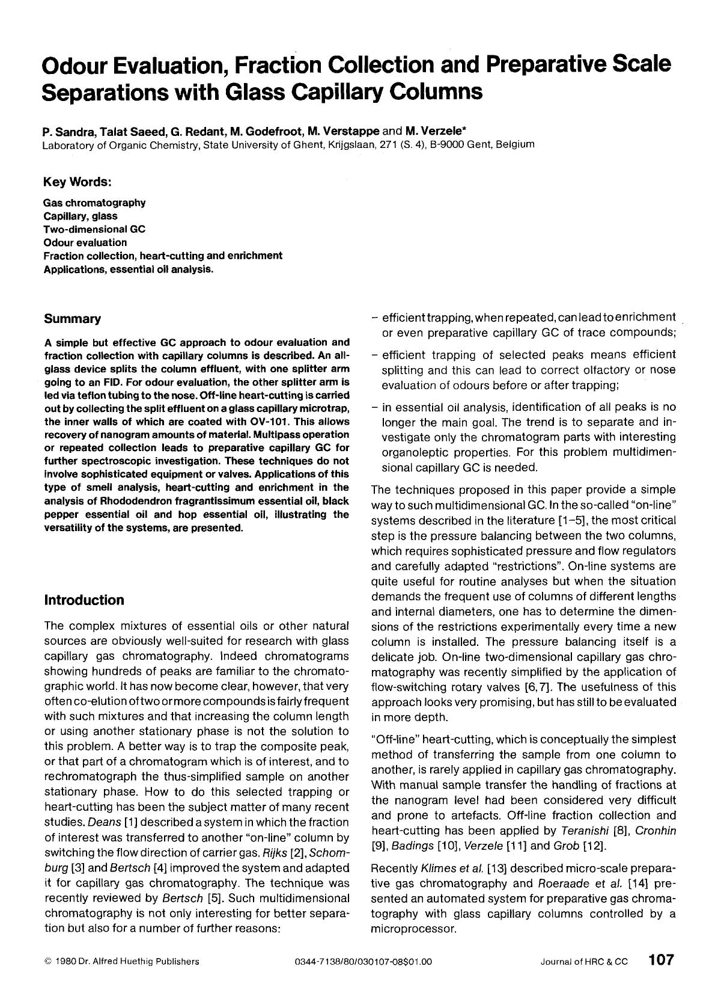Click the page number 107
(661, 960)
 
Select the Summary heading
(72, 319)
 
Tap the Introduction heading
(84, 600)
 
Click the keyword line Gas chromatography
(94, 203)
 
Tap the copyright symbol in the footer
(47, 961)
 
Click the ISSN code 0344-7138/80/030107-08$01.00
(364, 961)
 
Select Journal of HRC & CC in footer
(583, 961)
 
